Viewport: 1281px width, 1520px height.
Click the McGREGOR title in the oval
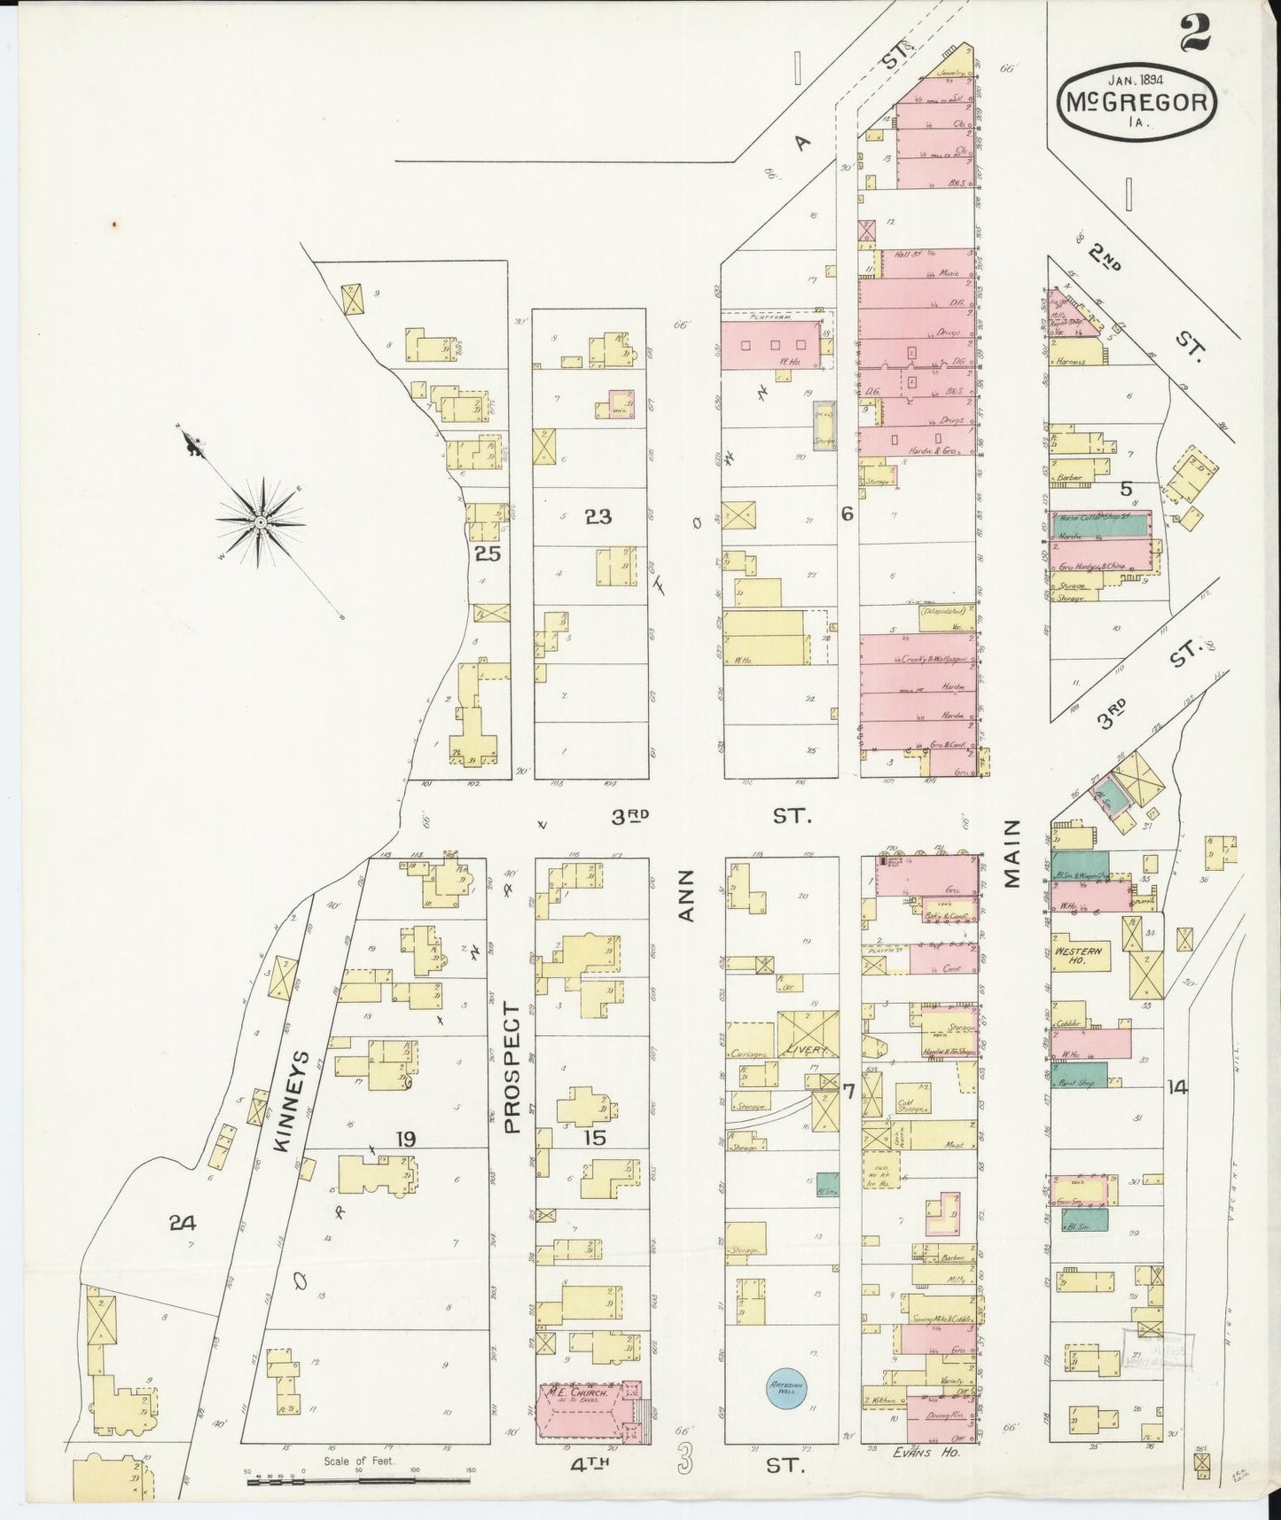pos(1136,103)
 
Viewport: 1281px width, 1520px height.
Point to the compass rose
pos(261,522)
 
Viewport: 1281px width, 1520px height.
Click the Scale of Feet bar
pos(358,1478)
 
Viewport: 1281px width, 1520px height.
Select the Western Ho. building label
pos(1077,955)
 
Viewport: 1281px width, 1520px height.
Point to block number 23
pos(598,516)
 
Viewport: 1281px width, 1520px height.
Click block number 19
pos(406,1138)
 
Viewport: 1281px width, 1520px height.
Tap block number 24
pos(182,1223)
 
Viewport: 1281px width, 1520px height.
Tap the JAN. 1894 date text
pos(1136,76)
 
